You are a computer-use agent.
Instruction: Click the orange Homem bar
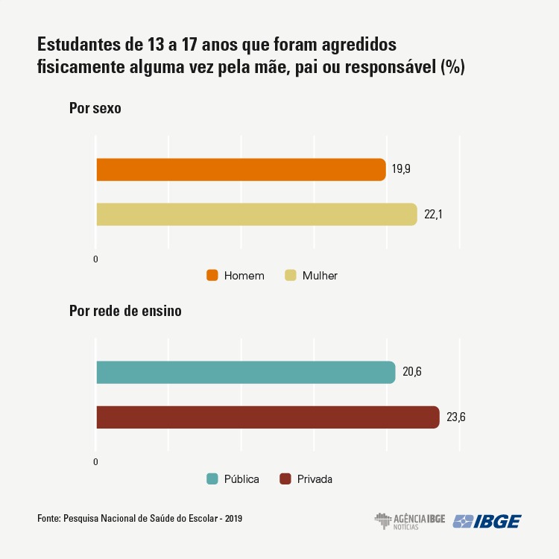pyautogui.click(x=240, y=170)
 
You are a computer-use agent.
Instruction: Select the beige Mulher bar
pyautogui.click(x=256, y=214)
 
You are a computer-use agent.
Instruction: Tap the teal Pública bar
pyautogui.click(x=245, y=372)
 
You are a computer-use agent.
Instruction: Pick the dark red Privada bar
pyautogui.click(x=267, y=417)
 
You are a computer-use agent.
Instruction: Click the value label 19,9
pyautogui.click(x=402, y=169)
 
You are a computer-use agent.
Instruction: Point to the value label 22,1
pyautogui.click(x=434, y=214)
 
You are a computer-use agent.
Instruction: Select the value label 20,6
pyautogui.click(x=412, y=372)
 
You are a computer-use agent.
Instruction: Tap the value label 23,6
pyautogui.click(x=456, y=417)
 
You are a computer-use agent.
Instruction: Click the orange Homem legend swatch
pyautogui.click(x=212, y=276)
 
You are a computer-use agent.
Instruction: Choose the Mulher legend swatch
pyautogui.click(x=291, y=276)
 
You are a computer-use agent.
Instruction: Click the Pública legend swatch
pyautogui.click(x=212, y=479)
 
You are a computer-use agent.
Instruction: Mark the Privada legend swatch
pyautogui.click(x=285, y=479)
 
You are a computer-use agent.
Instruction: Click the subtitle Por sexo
pyautogui.click(x=95, y=108)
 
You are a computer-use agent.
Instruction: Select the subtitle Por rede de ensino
pyautogui.click(x=125, y=312)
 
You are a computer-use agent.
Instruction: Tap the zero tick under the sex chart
pyautogui.click(x=95, y=259)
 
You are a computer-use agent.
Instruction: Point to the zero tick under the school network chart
pyautogui.click(x=95, y=463)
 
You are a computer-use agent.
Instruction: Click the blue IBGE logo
pyautogui.click(x=488, y=521)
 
